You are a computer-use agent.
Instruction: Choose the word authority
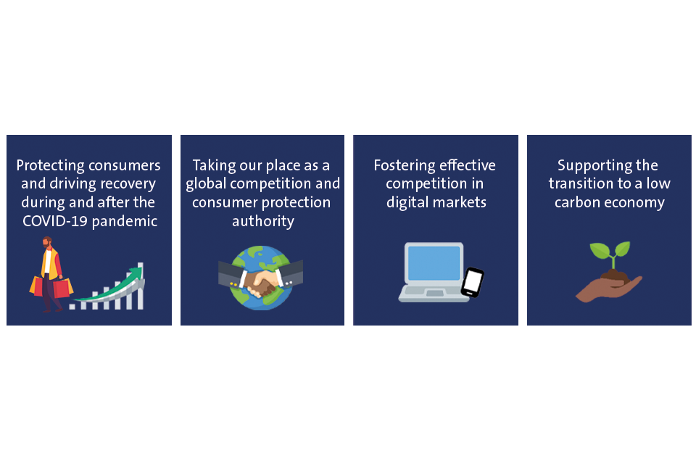[263, 222]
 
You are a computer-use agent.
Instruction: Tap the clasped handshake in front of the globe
[260, 281]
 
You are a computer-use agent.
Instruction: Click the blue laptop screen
[434, 263]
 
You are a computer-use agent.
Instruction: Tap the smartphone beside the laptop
[472, 283]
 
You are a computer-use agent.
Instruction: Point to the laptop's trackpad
[434, 293]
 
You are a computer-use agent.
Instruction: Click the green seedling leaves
[610, 249]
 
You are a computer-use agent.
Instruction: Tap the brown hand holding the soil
[609, 289]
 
